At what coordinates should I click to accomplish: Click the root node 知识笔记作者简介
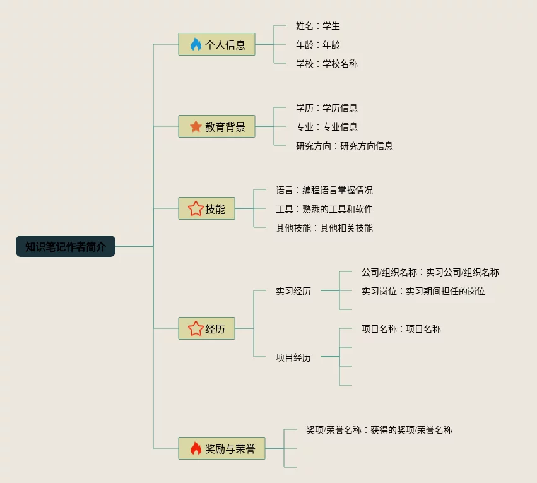66,246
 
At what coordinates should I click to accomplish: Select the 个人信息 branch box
216,44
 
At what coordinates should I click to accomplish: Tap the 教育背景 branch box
216,126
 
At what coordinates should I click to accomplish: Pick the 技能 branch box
206,208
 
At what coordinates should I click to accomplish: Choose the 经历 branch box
206,328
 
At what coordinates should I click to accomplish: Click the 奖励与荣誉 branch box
221,448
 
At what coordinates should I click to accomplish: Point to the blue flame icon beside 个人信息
196,44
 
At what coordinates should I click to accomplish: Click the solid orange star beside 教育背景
196,126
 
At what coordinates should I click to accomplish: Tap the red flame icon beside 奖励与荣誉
196,448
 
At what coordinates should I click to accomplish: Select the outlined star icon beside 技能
196,208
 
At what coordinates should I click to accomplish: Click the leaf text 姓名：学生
318,26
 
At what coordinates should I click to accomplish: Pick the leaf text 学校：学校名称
327,64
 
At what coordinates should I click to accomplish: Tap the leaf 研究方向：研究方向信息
345,146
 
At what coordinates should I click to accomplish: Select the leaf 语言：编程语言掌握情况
324,190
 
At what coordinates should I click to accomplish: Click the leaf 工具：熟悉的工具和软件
324,209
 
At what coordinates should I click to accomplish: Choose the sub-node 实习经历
293,291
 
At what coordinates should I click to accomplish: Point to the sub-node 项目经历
293,357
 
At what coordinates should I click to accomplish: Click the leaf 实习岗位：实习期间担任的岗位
423,291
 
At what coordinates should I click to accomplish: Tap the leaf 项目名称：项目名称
401,329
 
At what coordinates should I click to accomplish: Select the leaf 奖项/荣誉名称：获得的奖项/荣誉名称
379,430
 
